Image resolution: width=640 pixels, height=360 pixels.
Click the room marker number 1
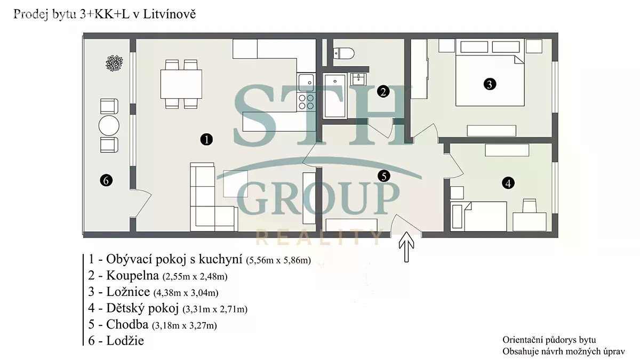(x=206, y=140)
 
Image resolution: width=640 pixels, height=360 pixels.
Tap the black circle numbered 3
(x=490, y=84)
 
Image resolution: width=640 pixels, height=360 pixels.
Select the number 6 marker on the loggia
(x=106, y=180)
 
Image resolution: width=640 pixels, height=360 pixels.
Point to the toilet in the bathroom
(x=343, y=53)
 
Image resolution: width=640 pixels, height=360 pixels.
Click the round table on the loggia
(x=109, y=126)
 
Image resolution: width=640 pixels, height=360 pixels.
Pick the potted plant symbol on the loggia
(x=114, y=63)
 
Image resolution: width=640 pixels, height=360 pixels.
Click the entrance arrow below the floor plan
(x=406, y=247)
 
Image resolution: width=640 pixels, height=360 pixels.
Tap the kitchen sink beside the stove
(x=306, y=82)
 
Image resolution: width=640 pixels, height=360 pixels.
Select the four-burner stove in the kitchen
(x=306, y=102)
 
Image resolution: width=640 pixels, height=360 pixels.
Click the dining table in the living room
(x=181, y=84)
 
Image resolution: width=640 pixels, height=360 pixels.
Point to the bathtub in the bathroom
(x=335, y=95)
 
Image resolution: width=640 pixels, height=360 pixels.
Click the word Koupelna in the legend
(x=133, y=275)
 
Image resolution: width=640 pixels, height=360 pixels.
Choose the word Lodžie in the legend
(x=125, y=341)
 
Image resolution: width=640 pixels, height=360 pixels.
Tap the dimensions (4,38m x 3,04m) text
(x=186, y=293)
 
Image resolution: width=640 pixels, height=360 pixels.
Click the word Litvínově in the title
(x=170, y=14)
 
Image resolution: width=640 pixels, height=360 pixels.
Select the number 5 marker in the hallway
(x=383, y=176)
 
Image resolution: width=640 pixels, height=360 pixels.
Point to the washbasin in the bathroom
(x=358, y=79)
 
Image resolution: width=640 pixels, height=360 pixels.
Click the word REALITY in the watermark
(x=319, y=238)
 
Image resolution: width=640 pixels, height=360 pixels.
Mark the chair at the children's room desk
(x=529, y=206)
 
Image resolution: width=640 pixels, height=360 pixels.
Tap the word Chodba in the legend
(x=127, y=324)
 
